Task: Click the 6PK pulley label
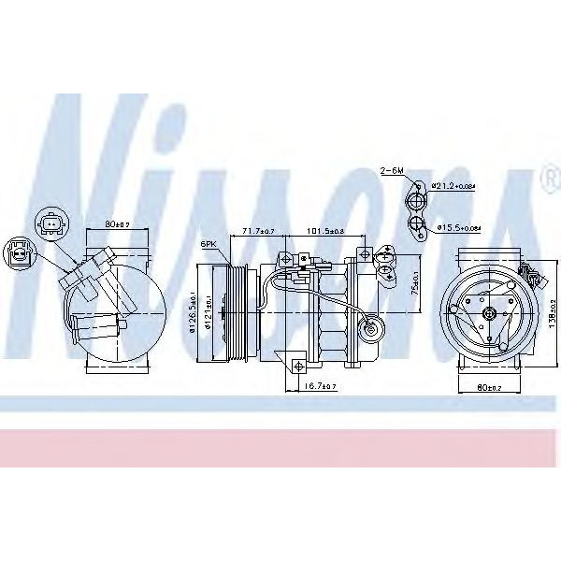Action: (208, 244)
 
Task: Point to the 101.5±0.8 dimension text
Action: (325, 230)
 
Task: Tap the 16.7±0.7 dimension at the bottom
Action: (320, 385)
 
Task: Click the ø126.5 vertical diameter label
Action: (192, 313)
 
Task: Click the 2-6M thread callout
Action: (391, 171)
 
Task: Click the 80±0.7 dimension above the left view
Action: (117, 224)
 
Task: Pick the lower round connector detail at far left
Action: (18, 252)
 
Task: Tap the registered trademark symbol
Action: (546, 176)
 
